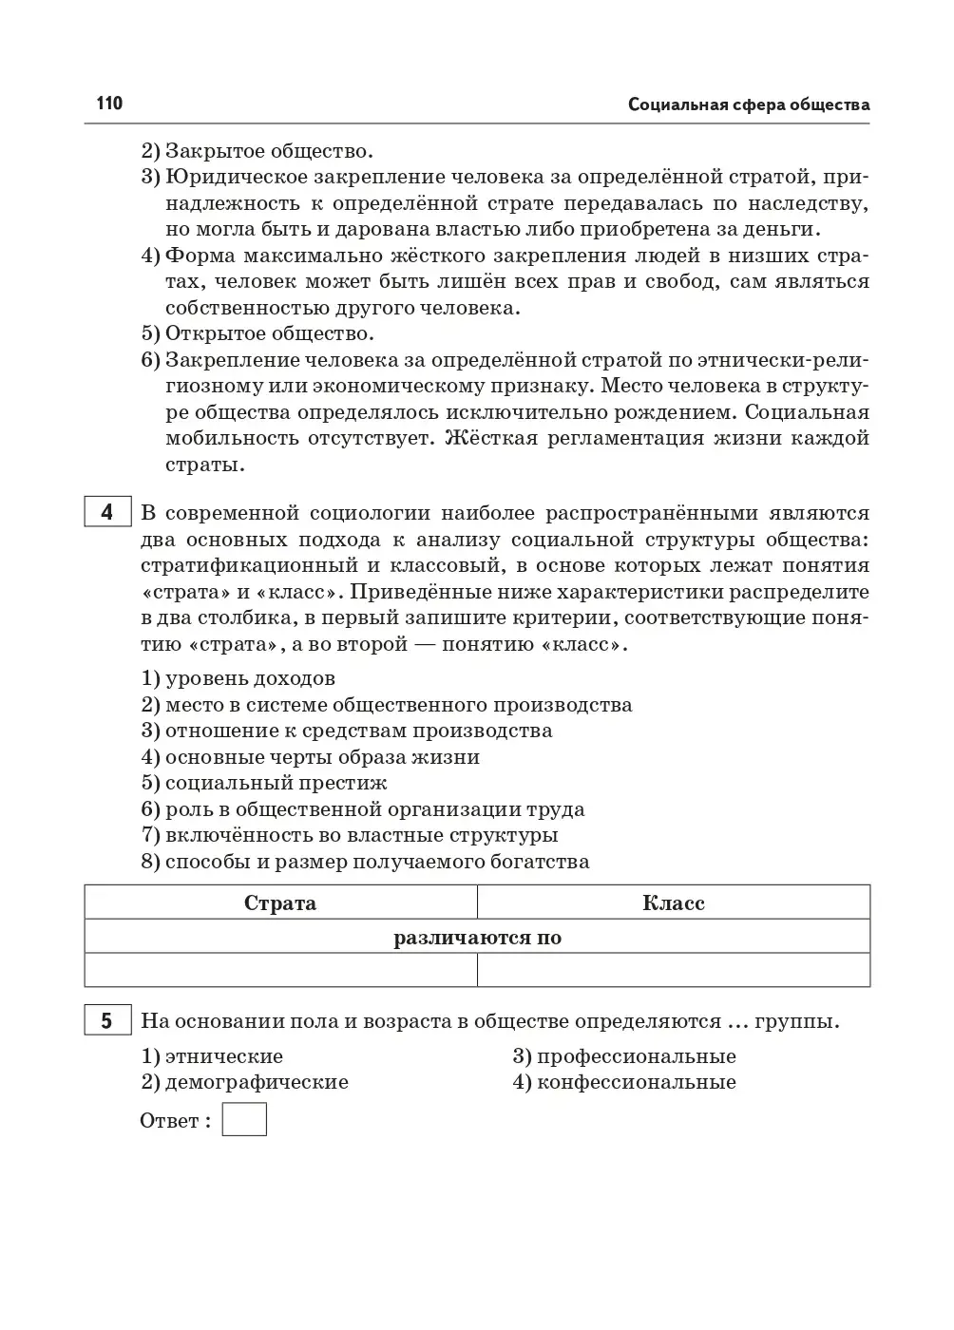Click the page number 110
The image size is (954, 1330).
[109, 104]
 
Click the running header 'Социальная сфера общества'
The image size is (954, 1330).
[748, 104]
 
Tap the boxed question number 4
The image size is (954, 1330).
[106, 512]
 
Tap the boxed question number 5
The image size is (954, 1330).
[106, 1020]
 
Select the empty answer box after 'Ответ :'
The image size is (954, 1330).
[244, 1119]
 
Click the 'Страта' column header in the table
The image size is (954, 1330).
[280, 902]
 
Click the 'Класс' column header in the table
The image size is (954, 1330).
[673, 902]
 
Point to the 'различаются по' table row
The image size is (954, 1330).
[477, 938]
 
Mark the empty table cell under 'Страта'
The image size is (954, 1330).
[280, 970]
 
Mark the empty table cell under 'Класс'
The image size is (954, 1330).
[673, 970]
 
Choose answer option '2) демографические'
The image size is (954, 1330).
[245, 1082]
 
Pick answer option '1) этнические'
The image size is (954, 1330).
[212, 1056]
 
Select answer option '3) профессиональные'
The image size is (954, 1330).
[624, 1056]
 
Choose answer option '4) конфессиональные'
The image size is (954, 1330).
[624, 1082]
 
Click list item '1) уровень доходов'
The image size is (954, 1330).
[238, 678]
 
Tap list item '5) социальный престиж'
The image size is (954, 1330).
[264, 783]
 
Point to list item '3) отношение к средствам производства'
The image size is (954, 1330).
[347, 731]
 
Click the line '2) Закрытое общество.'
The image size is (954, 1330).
[258, 150]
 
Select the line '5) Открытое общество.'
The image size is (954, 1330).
[258, 333]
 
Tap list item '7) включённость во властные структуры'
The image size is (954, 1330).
[350, 835]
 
